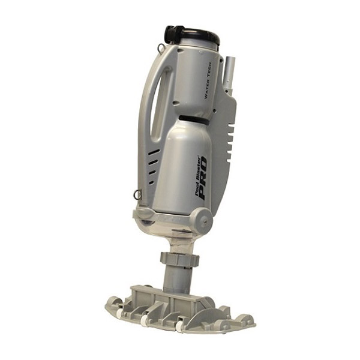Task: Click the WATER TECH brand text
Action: tap(208, 81)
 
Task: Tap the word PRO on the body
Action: tap(203, 178)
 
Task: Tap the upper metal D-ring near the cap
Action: tap(160, 48)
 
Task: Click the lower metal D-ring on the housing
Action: tap(137, 194)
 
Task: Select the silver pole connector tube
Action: tap(229, 75)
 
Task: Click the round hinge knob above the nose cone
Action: tap(203, 219)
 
